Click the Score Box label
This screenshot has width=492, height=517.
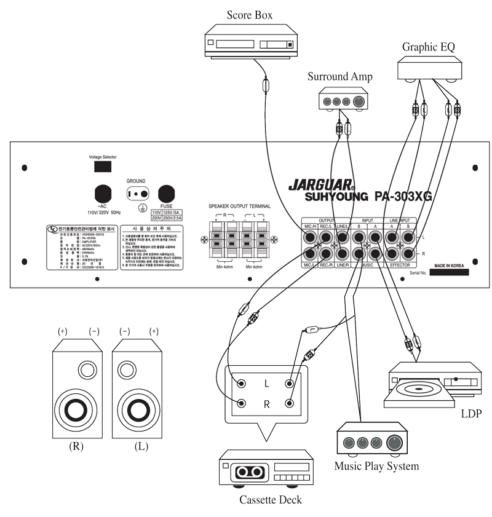250,15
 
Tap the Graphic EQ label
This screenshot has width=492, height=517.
429,47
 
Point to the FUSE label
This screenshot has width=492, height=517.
168,206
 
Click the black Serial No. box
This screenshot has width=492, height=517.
449,272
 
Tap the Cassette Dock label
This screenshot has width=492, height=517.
270,500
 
